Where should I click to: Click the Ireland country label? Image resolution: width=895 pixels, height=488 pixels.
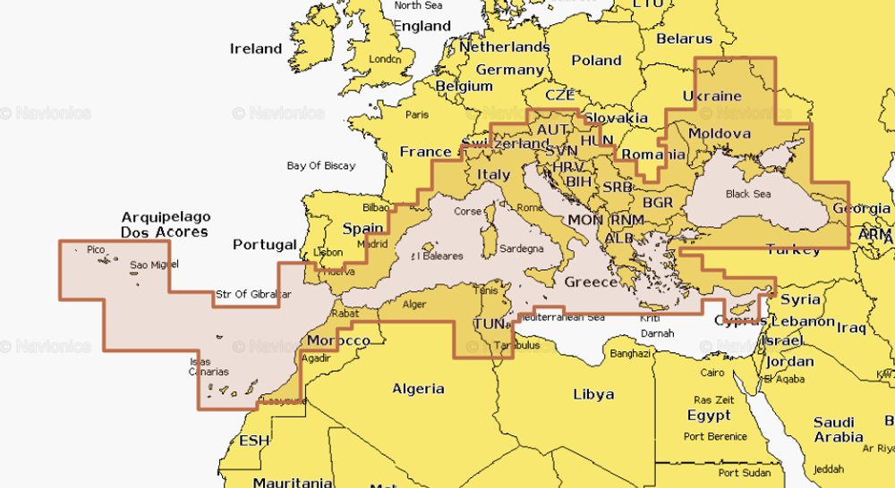[256, 48]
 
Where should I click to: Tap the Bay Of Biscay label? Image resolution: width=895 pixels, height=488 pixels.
[321, 165]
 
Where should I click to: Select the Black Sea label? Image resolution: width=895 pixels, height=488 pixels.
[747, 194]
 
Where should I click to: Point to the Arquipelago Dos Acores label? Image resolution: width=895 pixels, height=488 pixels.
[165, 224]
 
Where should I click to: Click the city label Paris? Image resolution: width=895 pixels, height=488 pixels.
[417, 114]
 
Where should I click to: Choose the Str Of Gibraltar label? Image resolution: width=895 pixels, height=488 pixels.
[253, 295]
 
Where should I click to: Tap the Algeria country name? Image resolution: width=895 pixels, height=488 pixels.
[418, 389]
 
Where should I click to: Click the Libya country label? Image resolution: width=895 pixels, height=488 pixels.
[593, 394]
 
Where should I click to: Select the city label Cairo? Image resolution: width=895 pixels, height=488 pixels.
[712, 372]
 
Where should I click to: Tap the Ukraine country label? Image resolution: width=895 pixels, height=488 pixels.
[712, 96]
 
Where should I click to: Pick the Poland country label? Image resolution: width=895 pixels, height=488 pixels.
[596, 61]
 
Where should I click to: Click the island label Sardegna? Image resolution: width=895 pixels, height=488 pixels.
[521, 248]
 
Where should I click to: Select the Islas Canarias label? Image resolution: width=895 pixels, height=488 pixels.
[209, 366]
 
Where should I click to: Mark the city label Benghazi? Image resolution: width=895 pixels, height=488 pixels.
[630, 354]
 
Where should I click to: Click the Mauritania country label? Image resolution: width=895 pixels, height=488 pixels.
[293, 482]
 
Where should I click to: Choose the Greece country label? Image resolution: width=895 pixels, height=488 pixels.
[591, 282]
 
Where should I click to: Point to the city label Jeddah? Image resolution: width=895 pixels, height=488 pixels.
[829, 468]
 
